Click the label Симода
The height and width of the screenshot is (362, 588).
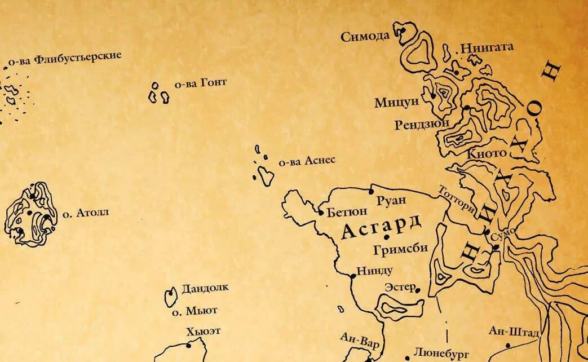point(365,37)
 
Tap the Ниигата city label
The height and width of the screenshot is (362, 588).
point(487,47)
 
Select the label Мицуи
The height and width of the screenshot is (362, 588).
point(397,103)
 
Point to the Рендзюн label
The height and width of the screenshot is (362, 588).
point(422,123)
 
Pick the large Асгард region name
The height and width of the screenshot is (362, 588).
point(381,227)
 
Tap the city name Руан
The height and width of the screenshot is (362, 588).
point(391,200)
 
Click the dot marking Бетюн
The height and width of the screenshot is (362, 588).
point(321,213)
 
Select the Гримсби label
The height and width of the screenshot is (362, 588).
point(400,248)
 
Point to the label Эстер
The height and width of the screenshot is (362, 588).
point(400,287)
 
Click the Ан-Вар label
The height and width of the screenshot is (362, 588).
point(360,340)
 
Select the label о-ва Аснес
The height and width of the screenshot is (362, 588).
point(307,161)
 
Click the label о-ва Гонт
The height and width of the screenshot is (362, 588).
point(200,83)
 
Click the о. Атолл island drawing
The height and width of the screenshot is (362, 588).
point(30,214)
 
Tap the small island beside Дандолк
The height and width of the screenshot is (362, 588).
point(170,297)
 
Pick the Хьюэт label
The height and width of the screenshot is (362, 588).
point(203,332)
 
